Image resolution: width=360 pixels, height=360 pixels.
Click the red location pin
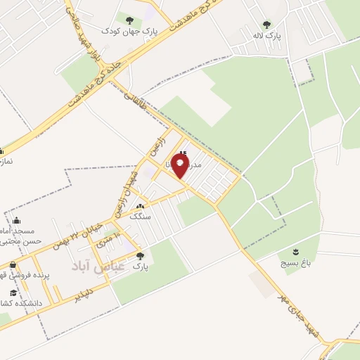pos(181,166)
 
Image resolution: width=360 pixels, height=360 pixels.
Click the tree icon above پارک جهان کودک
pos(129,19)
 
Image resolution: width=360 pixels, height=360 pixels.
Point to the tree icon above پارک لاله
pos(266,24)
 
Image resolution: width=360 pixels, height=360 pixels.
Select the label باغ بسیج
pos(298,264)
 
